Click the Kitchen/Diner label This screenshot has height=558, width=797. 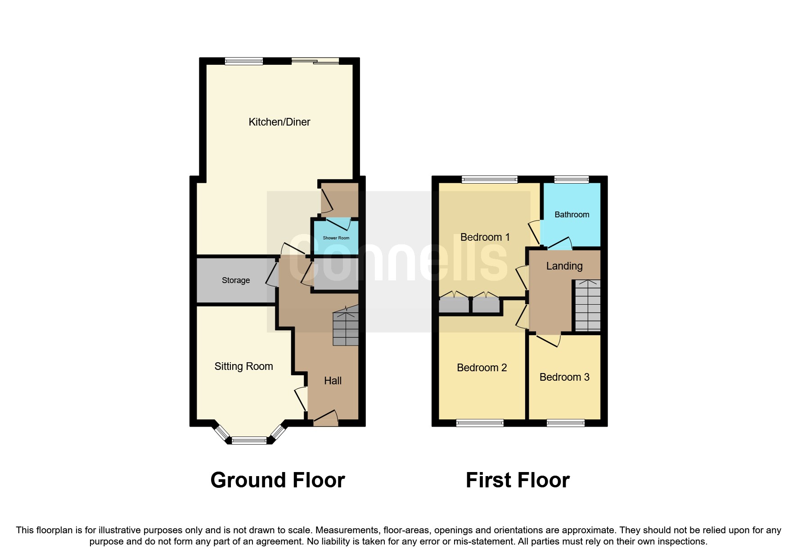point(279,122)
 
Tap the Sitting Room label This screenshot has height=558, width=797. point(243,366)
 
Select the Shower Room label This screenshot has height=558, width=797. point(336,238)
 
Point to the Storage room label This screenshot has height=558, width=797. point(235,280)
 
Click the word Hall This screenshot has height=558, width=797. point(333,381)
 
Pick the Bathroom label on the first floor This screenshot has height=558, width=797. point(572,215)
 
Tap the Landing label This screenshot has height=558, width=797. point(564,266)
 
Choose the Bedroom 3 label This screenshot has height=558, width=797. point(564,377)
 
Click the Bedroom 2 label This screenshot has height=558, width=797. point(482,368)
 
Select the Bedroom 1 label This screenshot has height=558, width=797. point(485,237)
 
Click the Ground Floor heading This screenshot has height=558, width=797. point(278,480)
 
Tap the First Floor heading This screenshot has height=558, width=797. point(518,480)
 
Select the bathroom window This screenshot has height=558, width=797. point(572,180)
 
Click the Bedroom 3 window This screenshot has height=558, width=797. point(565,423)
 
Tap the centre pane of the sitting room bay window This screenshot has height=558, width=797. point(249,441)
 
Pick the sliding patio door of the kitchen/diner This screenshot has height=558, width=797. point(315,61)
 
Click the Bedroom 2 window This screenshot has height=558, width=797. point(480,423)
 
